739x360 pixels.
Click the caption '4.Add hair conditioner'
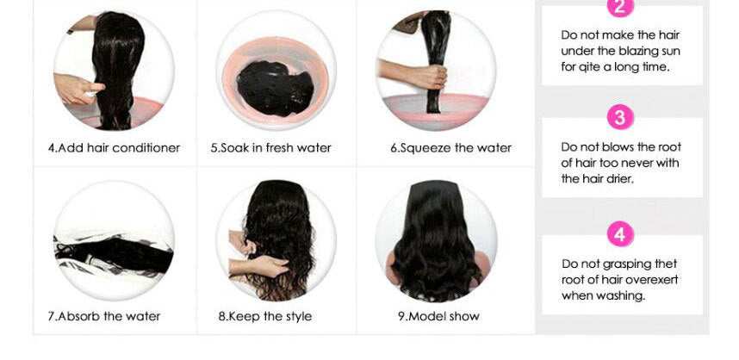pyautogui.click(x=114, y=148)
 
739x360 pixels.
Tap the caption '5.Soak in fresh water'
pyautogui.click(x=270, y=148)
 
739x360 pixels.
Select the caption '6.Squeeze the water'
pyautogui.click(x=450, y=148)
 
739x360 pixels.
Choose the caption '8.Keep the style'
pyautogui.click(x=265, y=316)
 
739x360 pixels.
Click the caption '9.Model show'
pyautogui.click(x=438, y=316)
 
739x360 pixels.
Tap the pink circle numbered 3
pyautogui.click(x=620, y=117)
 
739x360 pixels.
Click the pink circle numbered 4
pyautogui.click(x=620, y=233)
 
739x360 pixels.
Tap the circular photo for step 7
pyautogui.click(x=114, y=241)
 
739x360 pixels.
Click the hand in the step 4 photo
pyautogui.click(x=78, y=88)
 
